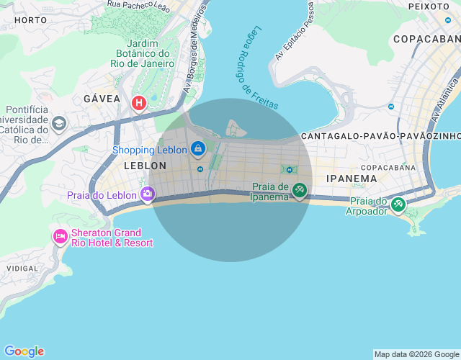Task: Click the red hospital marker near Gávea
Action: click(x=138, y=104)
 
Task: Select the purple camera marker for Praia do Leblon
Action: click(x=148, y=194)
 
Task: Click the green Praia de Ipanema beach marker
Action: click(x=299, y=191)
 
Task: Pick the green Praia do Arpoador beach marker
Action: click(x=398, y=205)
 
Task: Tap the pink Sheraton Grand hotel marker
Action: click(x=60, y=236)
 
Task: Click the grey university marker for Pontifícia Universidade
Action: click(x=58, y=124)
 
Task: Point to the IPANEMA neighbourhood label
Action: click(x=352, y=179)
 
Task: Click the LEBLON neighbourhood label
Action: click(x=145, y=166)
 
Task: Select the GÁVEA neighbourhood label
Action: click(x=102, y=98)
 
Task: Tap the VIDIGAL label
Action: click(x=22, y=268)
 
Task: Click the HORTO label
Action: click(x=30, y=20)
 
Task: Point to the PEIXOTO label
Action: click(x=429, y=6)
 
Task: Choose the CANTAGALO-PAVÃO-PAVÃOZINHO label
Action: click(x=380, y=136)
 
